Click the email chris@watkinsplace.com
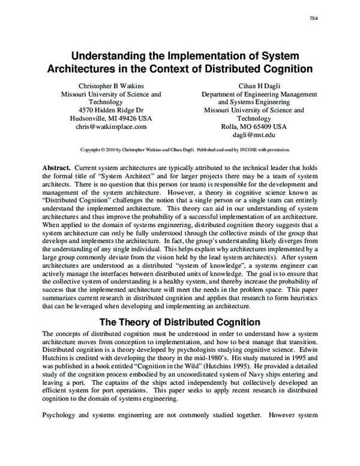tap(103, 127)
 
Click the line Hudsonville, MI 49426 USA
tap(103, 118)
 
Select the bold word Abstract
tap(56, 166)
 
